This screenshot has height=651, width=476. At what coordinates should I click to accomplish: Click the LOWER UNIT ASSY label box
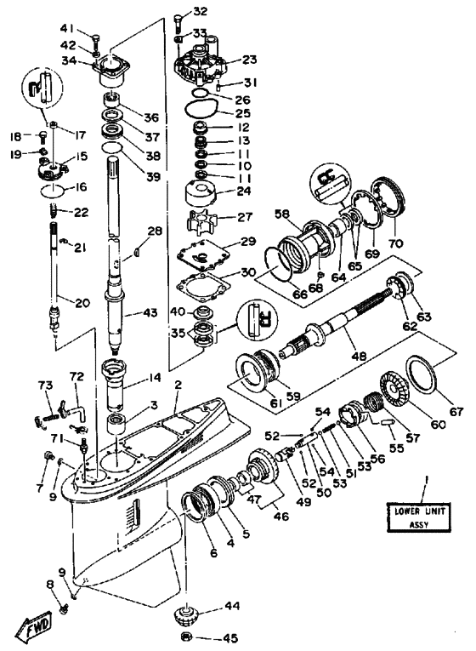tap(417, 517)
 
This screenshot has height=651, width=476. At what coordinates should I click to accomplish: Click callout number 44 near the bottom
tap(231, 607)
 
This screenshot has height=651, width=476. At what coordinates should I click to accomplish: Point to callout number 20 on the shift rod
tap(82, 303)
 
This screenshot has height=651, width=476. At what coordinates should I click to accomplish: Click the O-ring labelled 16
tap(53, 191)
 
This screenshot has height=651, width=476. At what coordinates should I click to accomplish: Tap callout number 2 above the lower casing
tap(178, 385)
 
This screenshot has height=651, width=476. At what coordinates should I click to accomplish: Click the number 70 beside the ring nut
tap(395, 243)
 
